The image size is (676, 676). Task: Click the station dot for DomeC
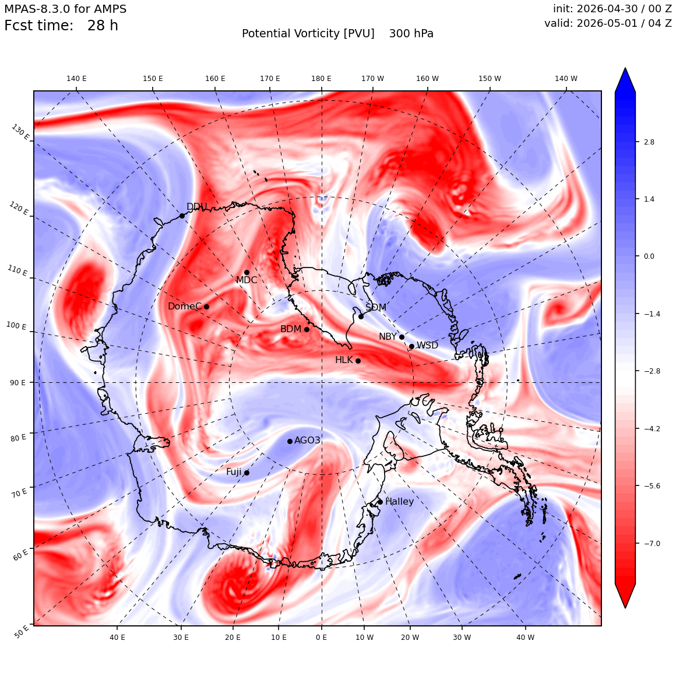click(206, 307)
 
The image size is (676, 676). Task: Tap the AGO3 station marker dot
click(290, 441)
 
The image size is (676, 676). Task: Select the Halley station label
click(400, 501)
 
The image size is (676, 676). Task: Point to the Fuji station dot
click(247, 473)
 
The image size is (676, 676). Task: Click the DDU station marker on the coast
click(182, 216)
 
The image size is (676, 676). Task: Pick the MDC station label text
click(247, 280)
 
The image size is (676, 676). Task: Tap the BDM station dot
click(307, 329)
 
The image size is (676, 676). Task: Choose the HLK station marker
click(358, 361)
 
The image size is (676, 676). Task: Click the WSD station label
click(427, 346)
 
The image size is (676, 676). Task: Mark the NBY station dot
click(402, 337)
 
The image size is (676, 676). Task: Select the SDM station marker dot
click(361, 316)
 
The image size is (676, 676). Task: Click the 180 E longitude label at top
click(322, 79)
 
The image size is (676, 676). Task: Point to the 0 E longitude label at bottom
click(322, 638)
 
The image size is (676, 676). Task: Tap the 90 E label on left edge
click(17, 382)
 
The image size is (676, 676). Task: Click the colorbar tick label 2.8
click(649, 142)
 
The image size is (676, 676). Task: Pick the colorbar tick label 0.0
click(649, 256)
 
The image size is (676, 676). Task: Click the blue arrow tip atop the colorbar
click(625, 68)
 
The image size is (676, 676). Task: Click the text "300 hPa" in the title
click(411, 34)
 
